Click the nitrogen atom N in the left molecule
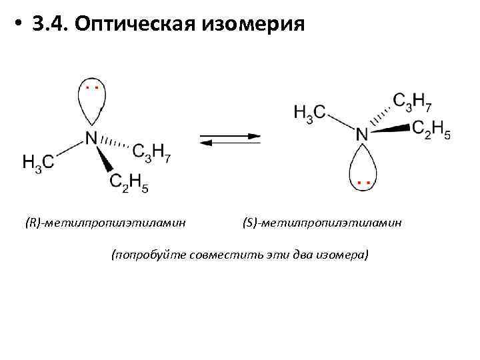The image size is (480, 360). coord(91,138)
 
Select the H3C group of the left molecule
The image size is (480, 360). coord(38,161)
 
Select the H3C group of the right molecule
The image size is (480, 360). coord(309,112)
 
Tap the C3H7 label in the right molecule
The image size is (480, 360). coord(413,101)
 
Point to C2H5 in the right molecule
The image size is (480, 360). coord(431,129)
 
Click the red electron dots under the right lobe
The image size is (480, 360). coord(363,181)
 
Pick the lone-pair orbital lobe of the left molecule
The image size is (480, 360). coord(92,104)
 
